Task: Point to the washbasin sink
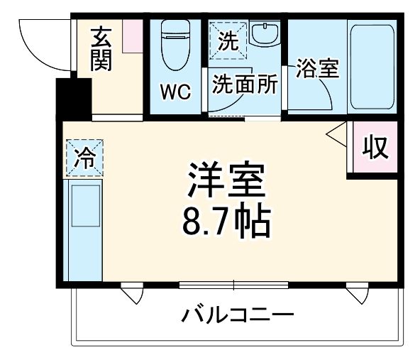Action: tap(265, 34)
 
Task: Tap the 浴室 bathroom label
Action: tap(316, 70)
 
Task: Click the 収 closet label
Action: tap(375, 147)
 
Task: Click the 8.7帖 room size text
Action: tap(226, 222)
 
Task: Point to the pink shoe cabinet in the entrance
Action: tap(132, 36)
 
